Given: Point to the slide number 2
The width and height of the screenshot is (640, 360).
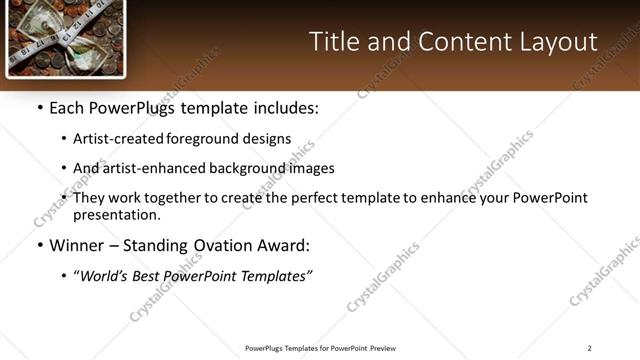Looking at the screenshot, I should coord(589,348).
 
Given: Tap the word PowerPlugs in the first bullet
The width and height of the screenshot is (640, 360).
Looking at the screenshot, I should coord(132,108).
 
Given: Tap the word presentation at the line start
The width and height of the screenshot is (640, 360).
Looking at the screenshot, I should coord(116,214).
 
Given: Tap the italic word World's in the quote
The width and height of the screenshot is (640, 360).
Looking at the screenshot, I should coord(105,275).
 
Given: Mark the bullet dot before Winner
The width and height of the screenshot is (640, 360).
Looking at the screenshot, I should coord(39,246).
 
